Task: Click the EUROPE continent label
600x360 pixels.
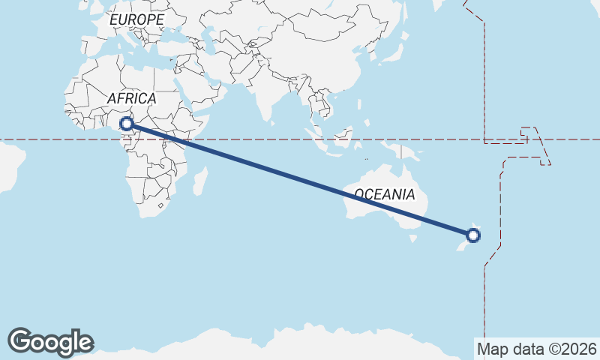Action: coord(136,19)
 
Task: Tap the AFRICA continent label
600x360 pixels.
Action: coord(131,98)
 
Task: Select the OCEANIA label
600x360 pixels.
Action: coord(384,194)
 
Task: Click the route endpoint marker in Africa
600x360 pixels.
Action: coord(127,123)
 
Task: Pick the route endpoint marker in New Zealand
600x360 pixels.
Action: coord(473,235)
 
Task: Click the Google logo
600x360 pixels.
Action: coord(50,341)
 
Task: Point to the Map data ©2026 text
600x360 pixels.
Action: coord(536,349)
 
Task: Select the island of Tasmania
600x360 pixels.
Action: coord(412,238)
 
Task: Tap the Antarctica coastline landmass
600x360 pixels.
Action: coord(300,341)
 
